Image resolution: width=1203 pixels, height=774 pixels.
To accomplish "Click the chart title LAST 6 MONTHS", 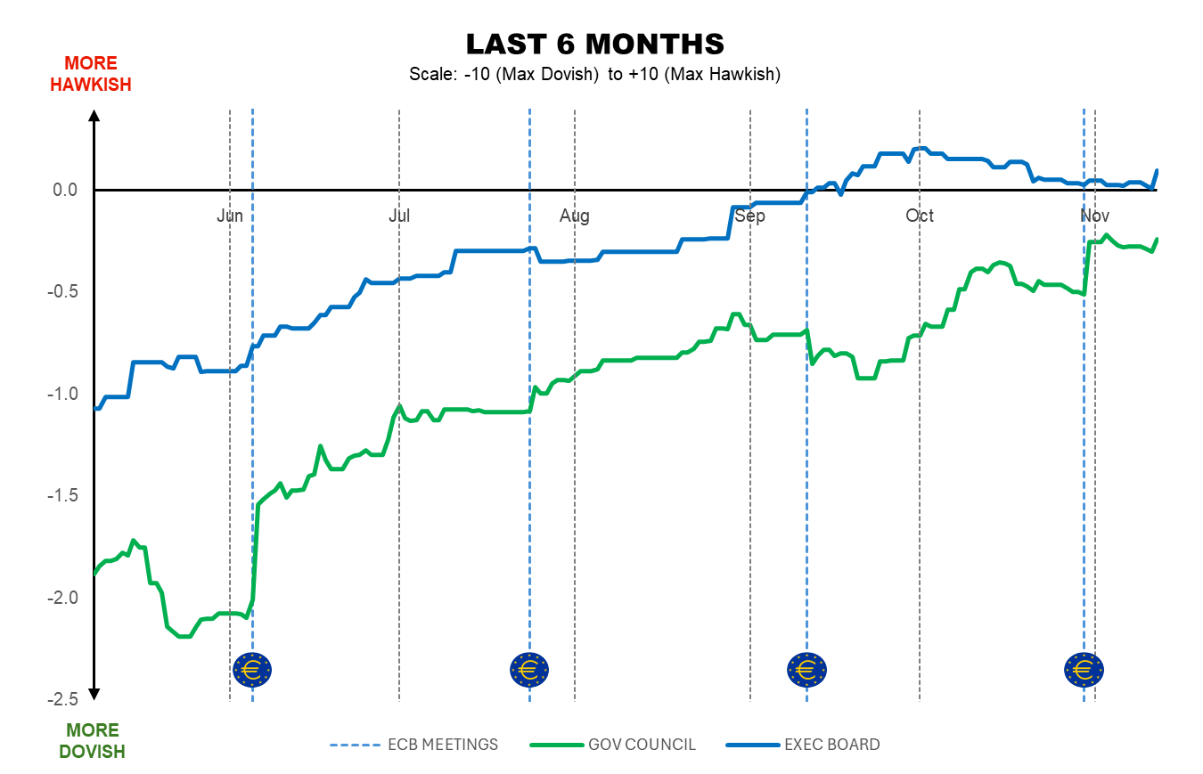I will click(594, 45).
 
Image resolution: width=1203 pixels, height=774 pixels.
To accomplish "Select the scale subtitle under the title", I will click(594, 74).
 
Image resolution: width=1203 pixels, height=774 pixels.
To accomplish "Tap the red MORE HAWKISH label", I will click(90, 74).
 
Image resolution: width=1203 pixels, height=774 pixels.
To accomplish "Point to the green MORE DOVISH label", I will click(92, 741).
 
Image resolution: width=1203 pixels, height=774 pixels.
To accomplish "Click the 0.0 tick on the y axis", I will click(65, 190).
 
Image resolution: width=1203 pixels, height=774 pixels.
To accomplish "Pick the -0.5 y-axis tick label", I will click(63, 292).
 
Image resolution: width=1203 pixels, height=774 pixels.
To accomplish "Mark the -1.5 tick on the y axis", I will click(63, 496).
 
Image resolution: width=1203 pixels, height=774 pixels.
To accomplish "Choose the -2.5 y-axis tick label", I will click(63, 699).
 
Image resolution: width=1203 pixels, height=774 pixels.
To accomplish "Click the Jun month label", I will click(230, 216).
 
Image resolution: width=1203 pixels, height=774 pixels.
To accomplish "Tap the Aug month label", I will click(575, 216).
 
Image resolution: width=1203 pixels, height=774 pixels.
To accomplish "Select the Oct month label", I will click(920, 216).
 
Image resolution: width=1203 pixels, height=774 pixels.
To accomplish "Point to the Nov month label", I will click(1094, 216).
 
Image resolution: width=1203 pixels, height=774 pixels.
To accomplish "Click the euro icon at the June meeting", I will click(252, 668).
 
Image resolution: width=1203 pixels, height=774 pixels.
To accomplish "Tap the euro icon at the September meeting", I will click(806, 669).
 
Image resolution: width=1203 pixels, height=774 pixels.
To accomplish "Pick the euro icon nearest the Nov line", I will click(1084, 669).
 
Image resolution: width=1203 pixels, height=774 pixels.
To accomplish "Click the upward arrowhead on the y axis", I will click(94, 116).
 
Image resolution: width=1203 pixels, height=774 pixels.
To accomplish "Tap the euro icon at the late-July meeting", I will click(529, 669).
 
